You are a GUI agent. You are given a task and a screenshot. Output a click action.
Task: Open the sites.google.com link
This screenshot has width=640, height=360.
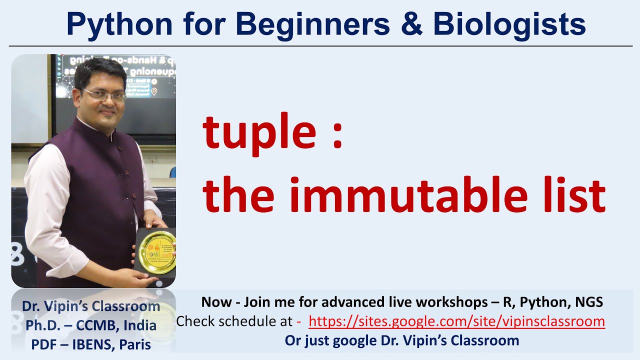(456, 321)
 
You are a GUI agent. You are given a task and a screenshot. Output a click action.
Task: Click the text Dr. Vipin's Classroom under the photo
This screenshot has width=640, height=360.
(91, 306)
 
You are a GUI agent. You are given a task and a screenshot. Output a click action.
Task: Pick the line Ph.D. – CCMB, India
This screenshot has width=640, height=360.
(91, 325)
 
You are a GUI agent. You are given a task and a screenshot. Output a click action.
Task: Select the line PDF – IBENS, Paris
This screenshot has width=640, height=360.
(91, 344)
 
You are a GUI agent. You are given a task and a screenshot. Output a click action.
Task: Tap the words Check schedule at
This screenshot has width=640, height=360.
(234, 321)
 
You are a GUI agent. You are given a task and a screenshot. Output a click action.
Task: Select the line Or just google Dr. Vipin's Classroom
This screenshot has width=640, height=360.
(401, 340)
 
